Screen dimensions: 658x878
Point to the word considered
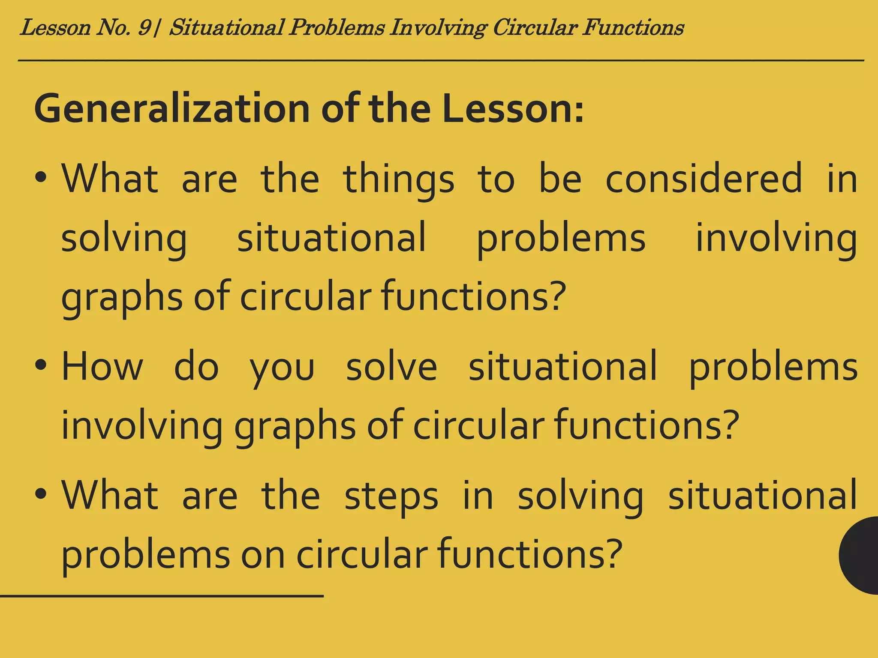(x=704, y=179)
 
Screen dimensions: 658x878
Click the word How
(x=102, y=367)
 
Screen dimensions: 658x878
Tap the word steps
(x=391, y=497)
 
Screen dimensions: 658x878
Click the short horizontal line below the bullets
(x=162, y=596)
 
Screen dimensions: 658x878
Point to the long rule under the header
(x=441, y=61)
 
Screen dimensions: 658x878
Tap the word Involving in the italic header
(x=438, y=28)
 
